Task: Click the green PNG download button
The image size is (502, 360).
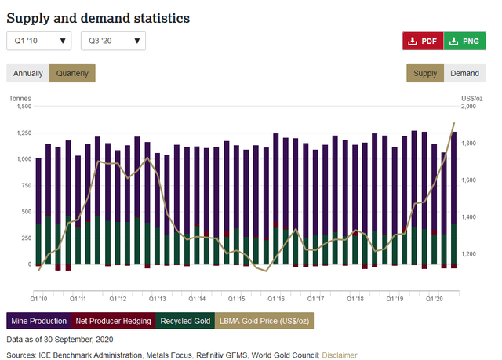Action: click(464, 41)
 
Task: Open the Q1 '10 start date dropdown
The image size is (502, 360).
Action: click(39, 41)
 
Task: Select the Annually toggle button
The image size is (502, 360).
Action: click(27, 73)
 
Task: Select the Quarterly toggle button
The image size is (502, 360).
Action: click(71, 73)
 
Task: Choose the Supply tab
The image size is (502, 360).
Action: click(425, 73)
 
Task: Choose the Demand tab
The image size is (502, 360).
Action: click(464, 73)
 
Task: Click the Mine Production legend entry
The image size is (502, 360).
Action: click(38, 321)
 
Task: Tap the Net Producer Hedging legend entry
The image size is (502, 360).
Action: click(112, 321)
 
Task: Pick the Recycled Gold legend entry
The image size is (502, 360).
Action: click(185, 321)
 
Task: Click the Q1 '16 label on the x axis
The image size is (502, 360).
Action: click(276, 299)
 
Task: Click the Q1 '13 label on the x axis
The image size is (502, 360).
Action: click(157, 299)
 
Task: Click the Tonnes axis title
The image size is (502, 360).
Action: click(20, 97)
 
